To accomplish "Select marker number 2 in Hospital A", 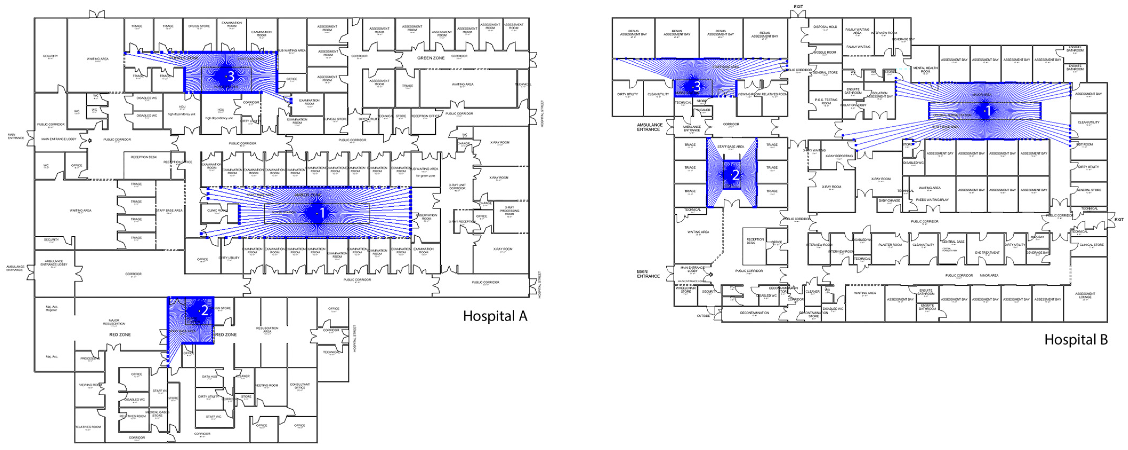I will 204,311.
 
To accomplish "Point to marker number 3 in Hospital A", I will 231,76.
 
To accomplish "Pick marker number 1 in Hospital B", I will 988,111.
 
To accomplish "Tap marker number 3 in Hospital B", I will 697,87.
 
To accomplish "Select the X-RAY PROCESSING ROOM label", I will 509,211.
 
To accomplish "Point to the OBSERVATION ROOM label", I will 426,217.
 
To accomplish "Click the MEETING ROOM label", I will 267,385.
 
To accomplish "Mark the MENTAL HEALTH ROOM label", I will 925,70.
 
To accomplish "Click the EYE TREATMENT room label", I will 987,253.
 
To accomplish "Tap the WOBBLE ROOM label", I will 824,53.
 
